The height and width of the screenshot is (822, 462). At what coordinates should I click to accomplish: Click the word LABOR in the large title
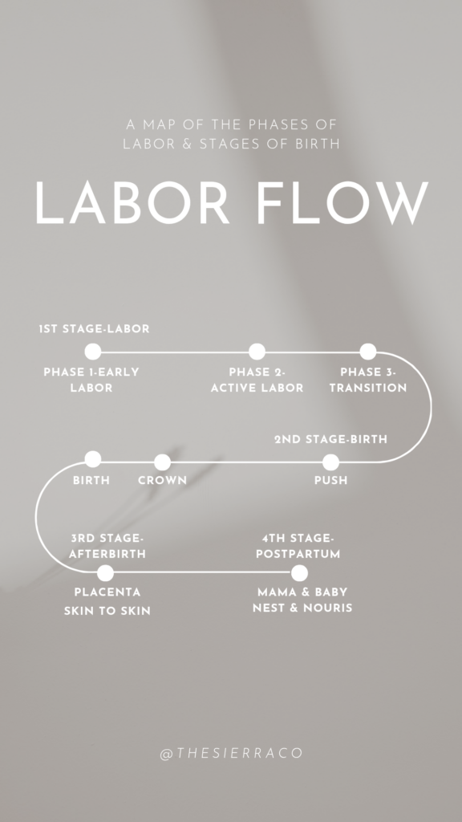tap(132, 203)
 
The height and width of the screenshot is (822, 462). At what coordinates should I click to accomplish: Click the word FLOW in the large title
tap(342, 203)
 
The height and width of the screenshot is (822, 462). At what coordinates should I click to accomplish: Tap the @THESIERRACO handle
tap(232, 753)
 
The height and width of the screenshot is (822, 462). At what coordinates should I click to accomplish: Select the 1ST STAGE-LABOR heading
tap(95, 328)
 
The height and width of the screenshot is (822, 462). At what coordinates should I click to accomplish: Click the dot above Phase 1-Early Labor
tap(93, 352)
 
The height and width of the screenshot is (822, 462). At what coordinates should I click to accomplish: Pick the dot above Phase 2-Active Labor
tap(257, 352)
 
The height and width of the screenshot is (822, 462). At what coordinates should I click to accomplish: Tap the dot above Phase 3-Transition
tap(367, 352)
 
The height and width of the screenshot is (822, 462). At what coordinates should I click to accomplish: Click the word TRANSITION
tap(368, 388)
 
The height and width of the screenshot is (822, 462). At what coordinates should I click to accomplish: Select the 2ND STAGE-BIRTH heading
tap(331, 439)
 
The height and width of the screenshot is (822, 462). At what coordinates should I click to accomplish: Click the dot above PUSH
tap(330, 462)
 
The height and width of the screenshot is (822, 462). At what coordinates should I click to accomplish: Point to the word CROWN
tap(162, 480)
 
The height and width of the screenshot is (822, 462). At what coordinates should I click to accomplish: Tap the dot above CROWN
tap(162, 462)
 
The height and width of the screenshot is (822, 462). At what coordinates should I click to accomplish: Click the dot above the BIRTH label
tap(93, 459)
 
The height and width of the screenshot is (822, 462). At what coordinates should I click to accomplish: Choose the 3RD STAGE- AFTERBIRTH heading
tap(107, 546)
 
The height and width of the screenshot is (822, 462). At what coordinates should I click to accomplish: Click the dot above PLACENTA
tap(105, 573)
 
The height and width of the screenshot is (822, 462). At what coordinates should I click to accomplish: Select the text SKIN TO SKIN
tap(107, 611)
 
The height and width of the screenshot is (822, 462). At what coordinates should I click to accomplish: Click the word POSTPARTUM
tap(298, 554)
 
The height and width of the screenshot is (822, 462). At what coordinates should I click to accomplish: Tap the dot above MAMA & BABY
tap(299, 573)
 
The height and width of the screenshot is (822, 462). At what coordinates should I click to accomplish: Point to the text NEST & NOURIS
tap(302, 608)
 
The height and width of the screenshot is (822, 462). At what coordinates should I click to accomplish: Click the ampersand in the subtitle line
tap(188, 144)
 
